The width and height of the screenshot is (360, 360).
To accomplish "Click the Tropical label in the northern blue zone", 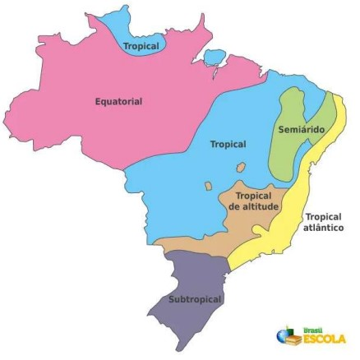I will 141,47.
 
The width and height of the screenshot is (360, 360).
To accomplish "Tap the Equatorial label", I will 118,102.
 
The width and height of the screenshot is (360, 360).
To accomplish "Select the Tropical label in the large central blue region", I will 228,144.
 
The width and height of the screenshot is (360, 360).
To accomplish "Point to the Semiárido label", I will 301,131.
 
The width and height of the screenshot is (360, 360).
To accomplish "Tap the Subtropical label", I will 195,299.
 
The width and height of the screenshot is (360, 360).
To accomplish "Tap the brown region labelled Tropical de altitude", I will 251,222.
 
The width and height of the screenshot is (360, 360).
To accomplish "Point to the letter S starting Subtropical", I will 171,299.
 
